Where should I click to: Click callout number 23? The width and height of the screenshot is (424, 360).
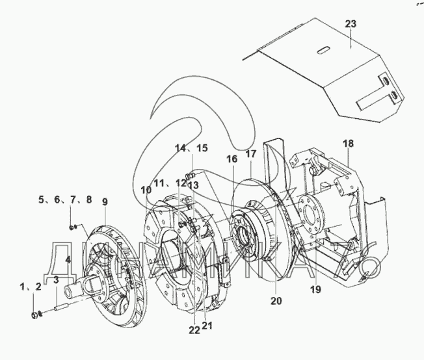point(351,24)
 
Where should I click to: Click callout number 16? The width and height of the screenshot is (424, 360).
point(232,158)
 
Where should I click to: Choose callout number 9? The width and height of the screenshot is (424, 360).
point(105,202)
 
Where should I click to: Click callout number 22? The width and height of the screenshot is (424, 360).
point(194,329)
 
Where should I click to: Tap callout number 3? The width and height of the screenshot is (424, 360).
point(57,280)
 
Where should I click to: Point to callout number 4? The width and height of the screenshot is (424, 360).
point(68,259)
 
